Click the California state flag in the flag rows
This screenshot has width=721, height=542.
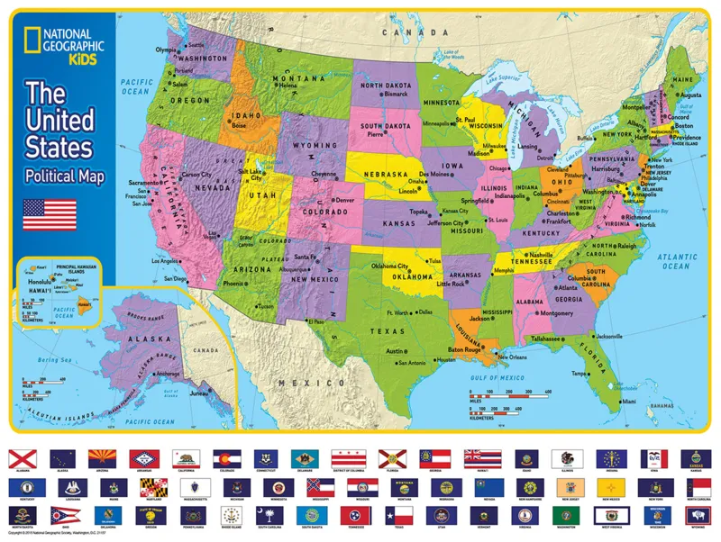click(185, 458)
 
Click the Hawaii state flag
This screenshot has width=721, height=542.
click(475, 458)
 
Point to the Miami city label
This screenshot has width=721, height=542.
click(628, 401)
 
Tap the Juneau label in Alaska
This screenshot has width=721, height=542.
click(197, 391)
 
